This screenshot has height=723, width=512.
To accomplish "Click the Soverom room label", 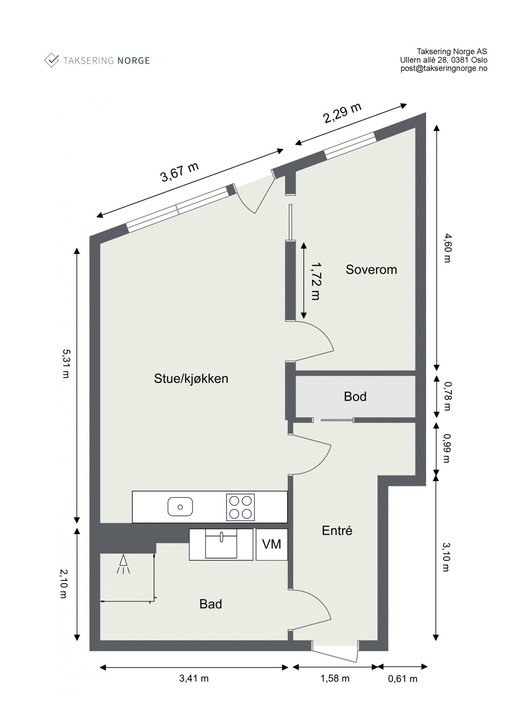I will (371, 270).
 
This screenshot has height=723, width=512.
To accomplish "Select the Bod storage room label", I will (355, 396).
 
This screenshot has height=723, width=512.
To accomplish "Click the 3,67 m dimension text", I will (180, 172).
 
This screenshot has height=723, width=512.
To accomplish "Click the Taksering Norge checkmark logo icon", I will (52, 60).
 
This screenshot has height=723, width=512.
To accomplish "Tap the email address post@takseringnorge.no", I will (444, 68).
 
